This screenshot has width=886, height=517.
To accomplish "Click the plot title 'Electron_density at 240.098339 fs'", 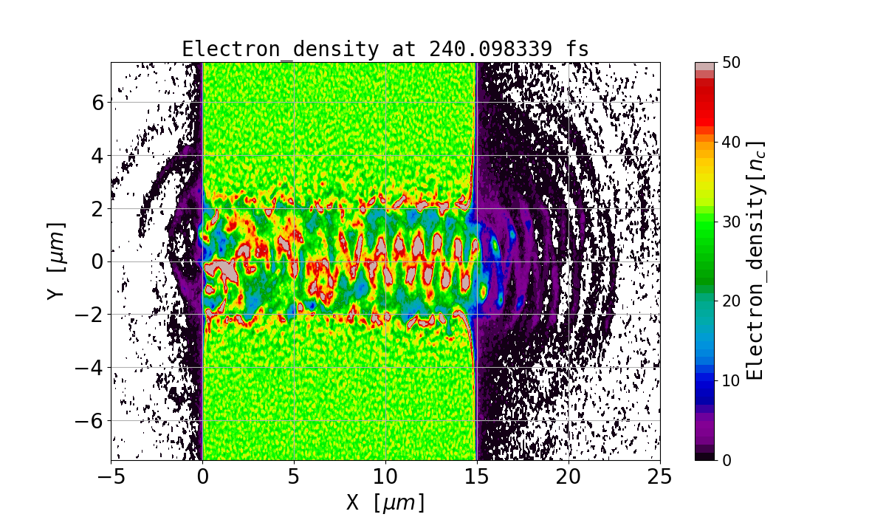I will click(385, 49).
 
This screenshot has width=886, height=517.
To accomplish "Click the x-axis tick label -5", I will click(111, 477).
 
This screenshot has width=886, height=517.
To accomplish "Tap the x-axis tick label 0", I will click(203, 477).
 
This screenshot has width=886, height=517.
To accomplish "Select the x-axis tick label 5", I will click(295, 477).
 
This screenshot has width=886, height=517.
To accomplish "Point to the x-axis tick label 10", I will click(385, 477).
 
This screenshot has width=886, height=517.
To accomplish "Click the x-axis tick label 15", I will click(477, 477).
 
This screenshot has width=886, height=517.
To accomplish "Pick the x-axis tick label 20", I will click(569, 477).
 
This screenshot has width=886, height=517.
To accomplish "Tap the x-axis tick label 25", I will click(660, 477).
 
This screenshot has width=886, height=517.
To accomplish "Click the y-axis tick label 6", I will click(97, 102).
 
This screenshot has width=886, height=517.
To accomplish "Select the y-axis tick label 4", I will click(97, 155).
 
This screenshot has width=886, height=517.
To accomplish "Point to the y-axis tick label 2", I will click(97, 208).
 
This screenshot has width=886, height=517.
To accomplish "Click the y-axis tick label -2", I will click(91, 315).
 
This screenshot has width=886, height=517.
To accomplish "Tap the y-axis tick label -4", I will click(91, 368).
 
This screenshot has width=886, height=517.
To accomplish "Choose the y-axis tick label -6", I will click(91, 421).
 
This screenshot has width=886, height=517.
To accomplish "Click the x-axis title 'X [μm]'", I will click(385, 502).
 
